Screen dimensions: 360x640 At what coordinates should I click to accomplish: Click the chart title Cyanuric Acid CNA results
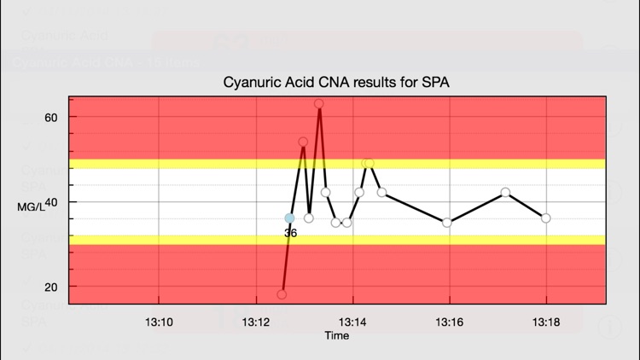coord(335,83)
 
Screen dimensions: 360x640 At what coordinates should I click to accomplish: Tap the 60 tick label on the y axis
coord(50,117)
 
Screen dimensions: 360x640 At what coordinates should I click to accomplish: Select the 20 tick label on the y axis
coord(50,287)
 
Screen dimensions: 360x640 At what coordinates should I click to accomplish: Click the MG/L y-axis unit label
coord(30,206)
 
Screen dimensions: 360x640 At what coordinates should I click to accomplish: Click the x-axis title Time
coord(336,336)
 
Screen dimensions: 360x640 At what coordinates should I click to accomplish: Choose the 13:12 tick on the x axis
coord(256,322)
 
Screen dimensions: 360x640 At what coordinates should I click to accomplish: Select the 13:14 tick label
coord(352,322)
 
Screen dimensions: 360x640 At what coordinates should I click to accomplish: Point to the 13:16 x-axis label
coord(449,322)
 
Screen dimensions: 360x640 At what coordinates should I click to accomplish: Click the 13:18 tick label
coord(546,322)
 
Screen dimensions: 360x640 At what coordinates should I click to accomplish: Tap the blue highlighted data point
coord(290,218)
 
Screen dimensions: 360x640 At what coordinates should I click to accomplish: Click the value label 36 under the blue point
coord(290,232)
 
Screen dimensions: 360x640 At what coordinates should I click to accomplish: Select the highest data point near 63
coord(319,104)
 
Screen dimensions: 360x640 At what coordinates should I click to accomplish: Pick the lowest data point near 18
coord(282,295)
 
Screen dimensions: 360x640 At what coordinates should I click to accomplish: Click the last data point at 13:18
coord(546,218)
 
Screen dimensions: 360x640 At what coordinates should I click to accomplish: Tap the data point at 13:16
coord(447,223)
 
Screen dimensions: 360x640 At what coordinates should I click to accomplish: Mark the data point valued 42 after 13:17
coord(506,193)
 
